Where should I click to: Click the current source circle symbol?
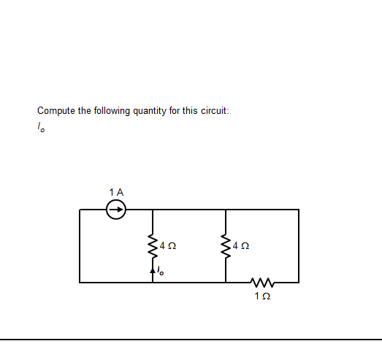point(115,210)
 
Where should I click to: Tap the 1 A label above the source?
point(115,192)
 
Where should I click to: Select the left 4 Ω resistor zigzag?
point(153,246)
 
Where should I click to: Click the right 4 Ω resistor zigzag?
point(226,246)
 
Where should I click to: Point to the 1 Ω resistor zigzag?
point(262,282)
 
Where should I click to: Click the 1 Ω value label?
point(262,296)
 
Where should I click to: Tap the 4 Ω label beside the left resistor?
point(167,247)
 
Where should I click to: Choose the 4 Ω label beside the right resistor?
point(240,247)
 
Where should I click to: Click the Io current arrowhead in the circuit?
point(153,269)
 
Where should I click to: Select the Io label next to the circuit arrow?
point(161,272)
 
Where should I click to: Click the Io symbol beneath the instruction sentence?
point(41,128)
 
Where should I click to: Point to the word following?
point(112,111)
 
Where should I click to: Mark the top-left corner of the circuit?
point(80,210)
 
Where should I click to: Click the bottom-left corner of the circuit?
point(80,282)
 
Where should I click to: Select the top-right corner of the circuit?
point(299,210)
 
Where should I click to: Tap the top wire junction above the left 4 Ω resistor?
point(153,210)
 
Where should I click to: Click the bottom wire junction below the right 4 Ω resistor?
point(226,282)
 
